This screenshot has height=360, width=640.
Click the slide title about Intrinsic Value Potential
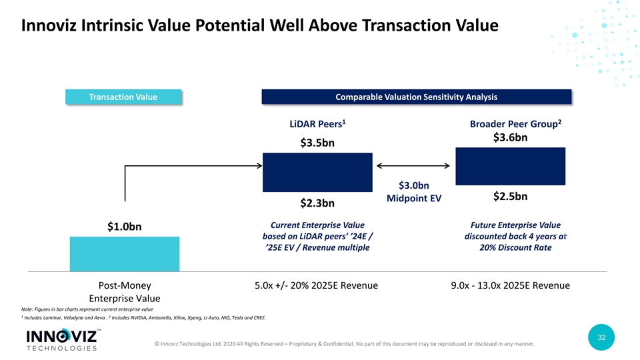point(259,27)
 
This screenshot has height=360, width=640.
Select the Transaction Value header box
point(123,97)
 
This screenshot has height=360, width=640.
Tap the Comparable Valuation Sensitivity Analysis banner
point(417,97)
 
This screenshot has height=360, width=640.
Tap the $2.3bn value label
point(317,203)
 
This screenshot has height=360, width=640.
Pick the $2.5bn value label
point(510,197)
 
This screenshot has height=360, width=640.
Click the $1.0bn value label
point(125,227)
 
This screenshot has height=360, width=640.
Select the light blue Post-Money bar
point(125,254)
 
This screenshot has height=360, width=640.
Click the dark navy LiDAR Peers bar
point(317,172)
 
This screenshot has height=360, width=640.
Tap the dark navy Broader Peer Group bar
point(510,166)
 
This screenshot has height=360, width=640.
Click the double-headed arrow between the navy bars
point(413,166)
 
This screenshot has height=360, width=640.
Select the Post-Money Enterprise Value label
point(125,292)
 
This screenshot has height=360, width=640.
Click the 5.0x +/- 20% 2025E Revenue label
point(316,285)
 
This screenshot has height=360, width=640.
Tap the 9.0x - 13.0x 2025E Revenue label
point(510,285)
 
